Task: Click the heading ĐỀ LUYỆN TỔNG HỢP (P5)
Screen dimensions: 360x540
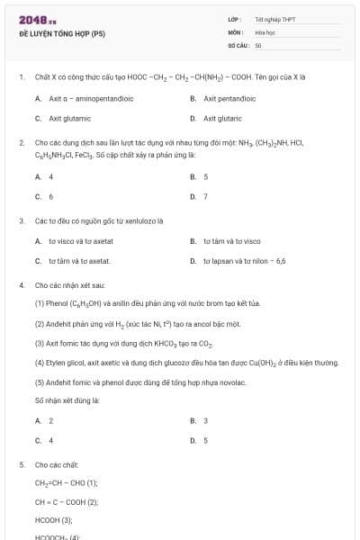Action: (61, 34)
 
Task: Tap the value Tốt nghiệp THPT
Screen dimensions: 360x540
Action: (274, 19)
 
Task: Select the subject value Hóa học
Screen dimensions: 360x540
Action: (264, 31)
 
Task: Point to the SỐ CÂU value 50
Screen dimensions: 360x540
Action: (258, 44)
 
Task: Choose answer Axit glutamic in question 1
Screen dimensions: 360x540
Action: (69, 118)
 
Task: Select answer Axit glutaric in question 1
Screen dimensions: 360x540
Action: (222, 118)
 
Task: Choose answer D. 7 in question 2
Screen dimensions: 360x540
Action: (205, 196)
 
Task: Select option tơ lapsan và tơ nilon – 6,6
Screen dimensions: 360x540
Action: (244, 260)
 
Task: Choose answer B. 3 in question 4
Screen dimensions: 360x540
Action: (205, 420)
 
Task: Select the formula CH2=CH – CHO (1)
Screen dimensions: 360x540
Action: (67, 483)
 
